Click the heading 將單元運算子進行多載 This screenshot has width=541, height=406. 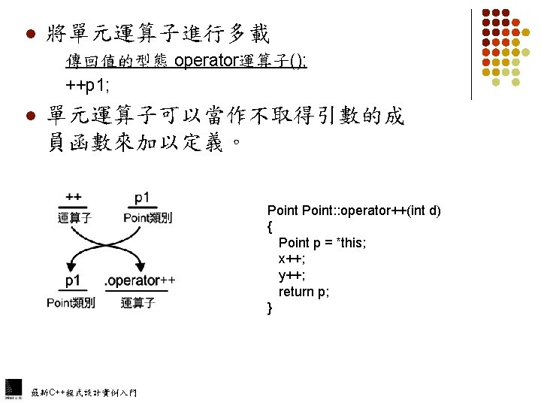pos(158,34)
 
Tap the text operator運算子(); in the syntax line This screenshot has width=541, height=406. pos(240,61)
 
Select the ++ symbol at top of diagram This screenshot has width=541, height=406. pos(74,198)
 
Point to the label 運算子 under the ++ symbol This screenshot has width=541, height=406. pos(74,218)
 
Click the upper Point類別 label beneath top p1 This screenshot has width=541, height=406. pos(147,218)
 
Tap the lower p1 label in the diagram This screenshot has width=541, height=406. pos(74,280)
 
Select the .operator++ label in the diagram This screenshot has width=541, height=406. pos(140,280)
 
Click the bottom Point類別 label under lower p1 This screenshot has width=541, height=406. pos(71,303)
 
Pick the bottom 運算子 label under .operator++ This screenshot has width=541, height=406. pos(138,303)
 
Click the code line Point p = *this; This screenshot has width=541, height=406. pos(322,243)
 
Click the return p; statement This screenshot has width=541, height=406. pos(304,292)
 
